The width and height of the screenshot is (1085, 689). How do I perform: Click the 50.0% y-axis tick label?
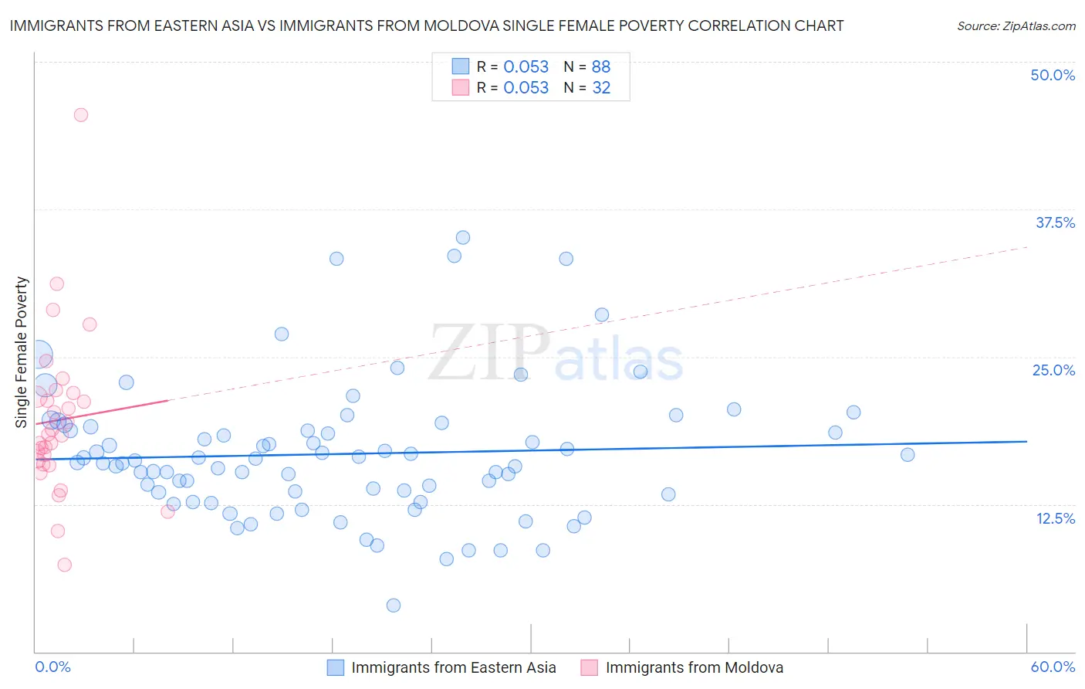pos(1053,75)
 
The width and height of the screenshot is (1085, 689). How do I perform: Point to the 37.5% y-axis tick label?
pos(1055,222)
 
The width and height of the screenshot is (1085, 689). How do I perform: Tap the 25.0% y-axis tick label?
pos(1053,370)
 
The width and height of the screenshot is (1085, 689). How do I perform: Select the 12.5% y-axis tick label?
pos(1055,518)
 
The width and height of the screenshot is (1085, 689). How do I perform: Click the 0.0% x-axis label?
pos(52,667)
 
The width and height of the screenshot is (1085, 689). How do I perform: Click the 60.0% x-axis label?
pos(1053,667)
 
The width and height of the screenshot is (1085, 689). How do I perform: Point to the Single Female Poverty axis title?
pos(22,352)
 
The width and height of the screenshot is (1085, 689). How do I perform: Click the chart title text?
pos(427,25)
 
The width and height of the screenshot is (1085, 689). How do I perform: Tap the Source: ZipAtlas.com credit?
pos(1016,25)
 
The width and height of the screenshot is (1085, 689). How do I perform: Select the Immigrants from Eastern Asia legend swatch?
pos(336,667)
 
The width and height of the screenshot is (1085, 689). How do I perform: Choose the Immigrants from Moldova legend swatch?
pos(590,667)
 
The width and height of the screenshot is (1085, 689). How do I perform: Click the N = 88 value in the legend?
pos(586,66)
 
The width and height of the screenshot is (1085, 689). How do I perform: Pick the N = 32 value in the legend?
pos(586,88)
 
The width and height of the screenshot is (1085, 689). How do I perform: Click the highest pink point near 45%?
pos(81,115)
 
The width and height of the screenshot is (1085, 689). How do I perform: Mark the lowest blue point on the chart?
pos(394,606)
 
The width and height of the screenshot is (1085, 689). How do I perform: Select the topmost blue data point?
pos(463,238)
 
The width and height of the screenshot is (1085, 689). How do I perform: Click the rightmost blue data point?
pos(908,455)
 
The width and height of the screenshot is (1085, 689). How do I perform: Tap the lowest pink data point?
pos(65,565)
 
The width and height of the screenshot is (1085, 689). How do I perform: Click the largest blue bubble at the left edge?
pos(39,354)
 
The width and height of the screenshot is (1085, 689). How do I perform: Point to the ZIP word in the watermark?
pos(489,352)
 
